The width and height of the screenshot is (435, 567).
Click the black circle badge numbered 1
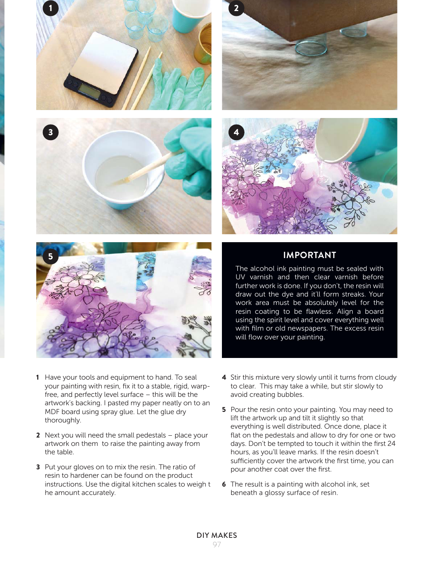pos(50,8)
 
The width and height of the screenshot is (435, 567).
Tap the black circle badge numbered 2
pos(236,8)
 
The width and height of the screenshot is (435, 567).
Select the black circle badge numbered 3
pos(50,132)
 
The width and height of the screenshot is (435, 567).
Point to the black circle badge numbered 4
pos(236,132)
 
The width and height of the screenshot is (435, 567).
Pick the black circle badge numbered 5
pos(50,256)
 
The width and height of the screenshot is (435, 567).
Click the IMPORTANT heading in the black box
pos(309,255)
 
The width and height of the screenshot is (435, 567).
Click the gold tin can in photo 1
pos(203,46)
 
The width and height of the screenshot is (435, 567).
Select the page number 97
pos(217,544)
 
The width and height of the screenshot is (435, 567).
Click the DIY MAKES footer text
pos(217,535)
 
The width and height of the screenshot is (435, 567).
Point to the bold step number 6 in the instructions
pos(224,484)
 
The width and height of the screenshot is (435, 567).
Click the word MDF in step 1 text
pos(52,412)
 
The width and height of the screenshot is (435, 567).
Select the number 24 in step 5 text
pos(391,444)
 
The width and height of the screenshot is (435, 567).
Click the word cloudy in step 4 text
pos(385,377)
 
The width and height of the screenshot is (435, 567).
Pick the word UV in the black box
pos(240,277)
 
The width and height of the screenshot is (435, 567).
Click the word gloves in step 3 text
pos(85,467)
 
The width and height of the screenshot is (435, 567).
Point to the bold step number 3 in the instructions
pos(38,467)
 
